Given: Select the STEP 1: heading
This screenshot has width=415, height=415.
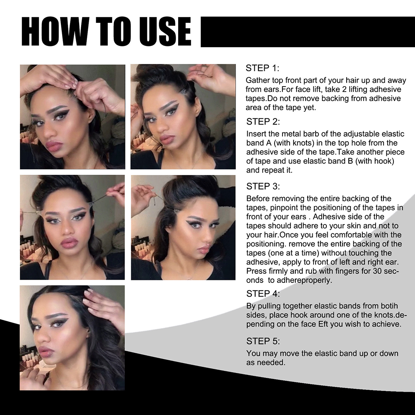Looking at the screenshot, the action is [262, 68].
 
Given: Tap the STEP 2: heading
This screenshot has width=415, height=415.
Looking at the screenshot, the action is [263, 122].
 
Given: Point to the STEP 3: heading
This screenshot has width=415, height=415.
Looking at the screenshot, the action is [263, 187].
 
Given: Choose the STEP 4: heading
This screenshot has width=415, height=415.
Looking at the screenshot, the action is [263, 294].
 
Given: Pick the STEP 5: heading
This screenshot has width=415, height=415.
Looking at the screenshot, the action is [263, 341].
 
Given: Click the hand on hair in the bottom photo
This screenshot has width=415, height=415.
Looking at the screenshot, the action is [103, 307].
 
